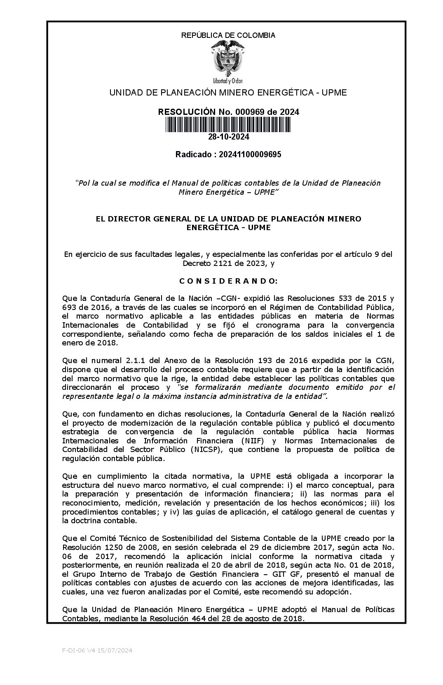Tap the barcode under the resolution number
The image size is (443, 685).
pos(228,125)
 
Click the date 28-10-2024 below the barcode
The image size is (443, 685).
pos(228,137)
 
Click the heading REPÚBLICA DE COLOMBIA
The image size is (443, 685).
pos(228,35)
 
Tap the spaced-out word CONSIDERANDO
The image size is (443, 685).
pos(228,281)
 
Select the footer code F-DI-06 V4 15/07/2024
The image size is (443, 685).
pos(97,650)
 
